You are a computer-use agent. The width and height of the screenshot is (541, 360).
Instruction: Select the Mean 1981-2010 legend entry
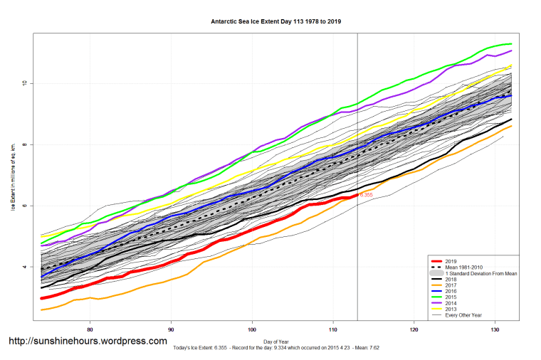tap(464, 268)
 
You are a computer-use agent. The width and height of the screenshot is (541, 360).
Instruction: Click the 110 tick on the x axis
tap(333, 329)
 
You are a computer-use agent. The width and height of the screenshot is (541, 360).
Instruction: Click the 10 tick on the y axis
tap(23, 83)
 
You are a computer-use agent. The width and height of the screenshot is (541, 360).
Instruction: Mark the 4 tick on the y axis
tap(23, 267)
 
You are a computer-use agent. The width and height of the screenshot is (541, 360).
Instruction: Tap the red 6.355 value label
tap(366, 195)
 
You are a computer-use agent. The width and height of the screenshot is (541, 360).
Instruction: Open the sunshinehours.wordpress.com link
tap(88, 342)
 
